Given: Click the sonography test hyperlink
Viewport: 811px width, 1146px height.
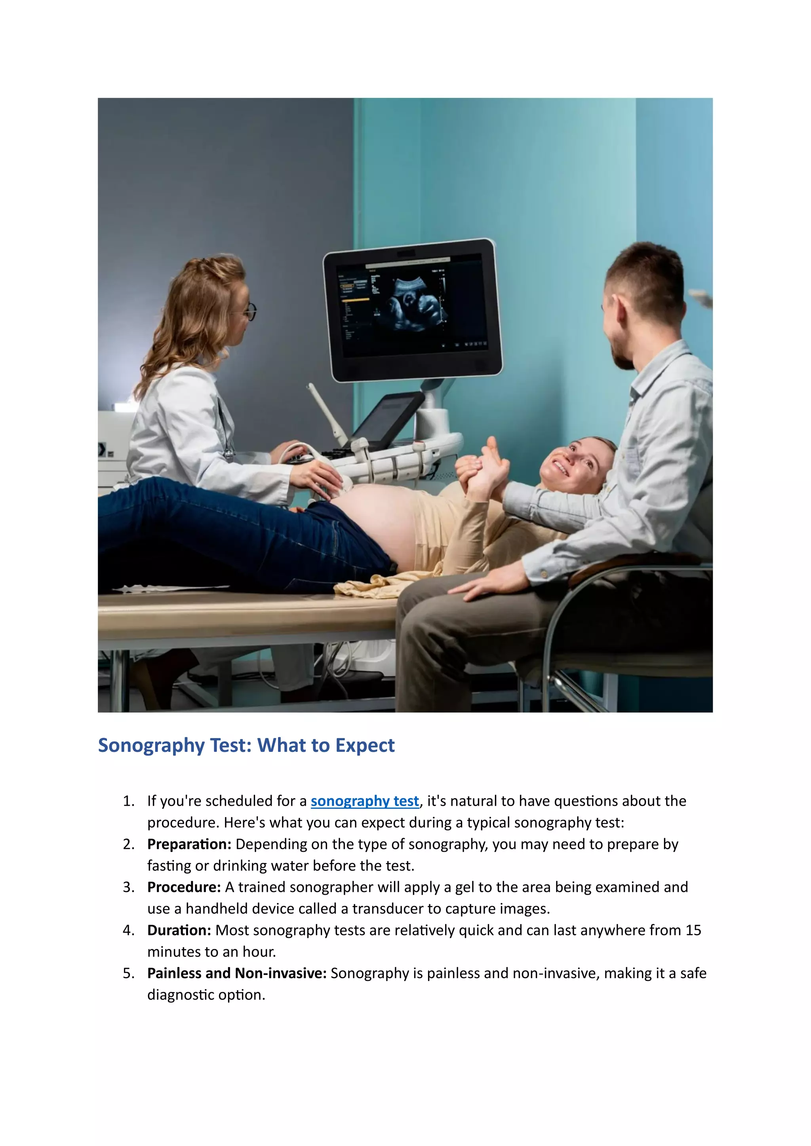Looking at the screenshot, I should [365, 801].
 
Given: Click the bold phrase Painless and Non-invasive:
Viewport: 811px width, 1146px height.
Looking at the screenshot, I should [237, 973].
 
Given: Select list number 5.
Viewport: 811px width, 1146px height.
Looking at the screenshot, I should [128, 973].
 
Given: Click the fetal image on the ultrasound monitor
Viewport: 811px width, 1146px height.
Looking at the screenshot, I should [412, 304].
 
